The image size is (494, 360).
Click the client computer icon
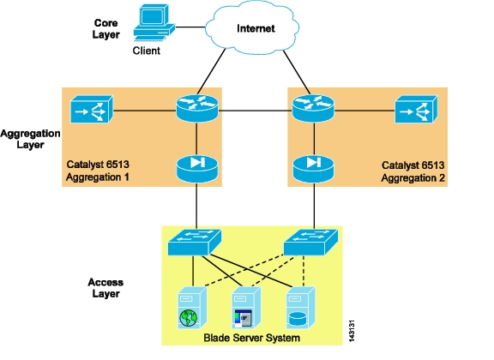point(154,22)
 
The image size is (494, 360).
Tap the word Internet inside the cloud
point(256,28)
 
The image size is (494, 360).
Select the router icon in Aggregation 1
point(197,108)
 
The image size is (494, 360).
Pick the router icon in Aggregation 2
point(313,108)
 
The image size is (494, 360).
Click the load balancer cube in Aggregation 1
point(92,109)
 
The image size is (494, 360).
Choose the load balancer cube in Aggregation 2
point(416,109)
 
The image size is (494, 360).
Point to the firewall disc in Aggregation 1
point(197,169)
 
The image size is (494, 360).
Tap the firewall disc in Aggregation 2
point(313,169)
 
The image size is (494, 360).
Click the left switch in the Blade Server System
point(195,243)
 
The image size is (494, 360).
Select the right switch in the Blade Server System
point(310,243)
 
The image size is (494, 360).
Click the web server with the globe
point(192,308)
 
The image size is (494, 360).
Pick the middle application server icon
point(246,308)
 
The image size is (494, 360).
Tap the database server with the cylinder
point(301,308)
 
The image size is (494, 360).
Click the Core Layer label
point(105,28)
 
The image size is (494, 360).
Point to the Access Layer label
point(105,288)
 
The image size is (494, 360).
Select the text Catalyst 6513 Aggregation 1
point(98,171)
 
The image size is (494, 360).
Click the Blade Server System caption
point(252,338)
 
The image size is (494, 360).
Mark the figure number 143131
point(352,331)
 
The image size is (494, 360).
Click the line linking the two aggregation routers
point(256,111)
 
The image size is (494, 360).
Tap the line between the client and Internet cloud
point(190,27)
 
